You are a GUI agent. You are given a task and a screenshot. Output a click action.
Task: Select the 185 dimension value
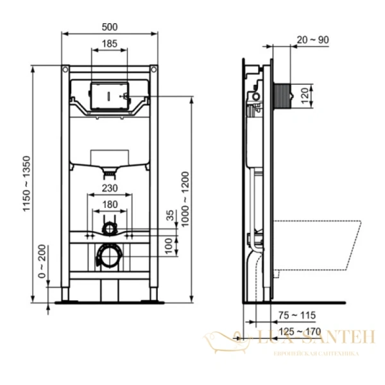(109, 44)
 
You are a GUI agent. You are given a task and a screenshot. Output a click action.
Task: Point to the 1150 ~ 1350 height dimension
(26, 184)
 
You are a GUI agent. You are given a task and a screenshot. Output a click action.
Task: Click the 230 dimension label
(109, 188)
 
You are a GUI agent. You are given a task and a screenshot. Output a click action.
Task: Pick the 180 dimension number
(109, 205)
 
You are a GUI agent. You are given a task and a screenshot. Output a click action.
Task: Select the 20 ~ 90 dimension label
(313, 40)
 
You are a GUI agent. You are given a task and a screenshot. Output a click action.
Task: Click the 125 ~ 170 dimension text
(299, 332)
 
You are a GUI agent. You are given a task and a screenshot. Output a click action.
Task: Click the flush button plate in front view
(109, 95)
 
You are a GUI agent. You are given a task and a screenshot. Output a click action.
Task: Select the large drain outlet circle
(108, 257)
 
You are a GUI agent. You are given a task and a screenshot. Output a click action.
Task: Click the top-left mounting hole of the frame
(65, 68)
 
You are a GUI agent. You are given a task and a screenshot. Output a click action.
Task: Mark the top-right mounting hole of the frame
(153, 68)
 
